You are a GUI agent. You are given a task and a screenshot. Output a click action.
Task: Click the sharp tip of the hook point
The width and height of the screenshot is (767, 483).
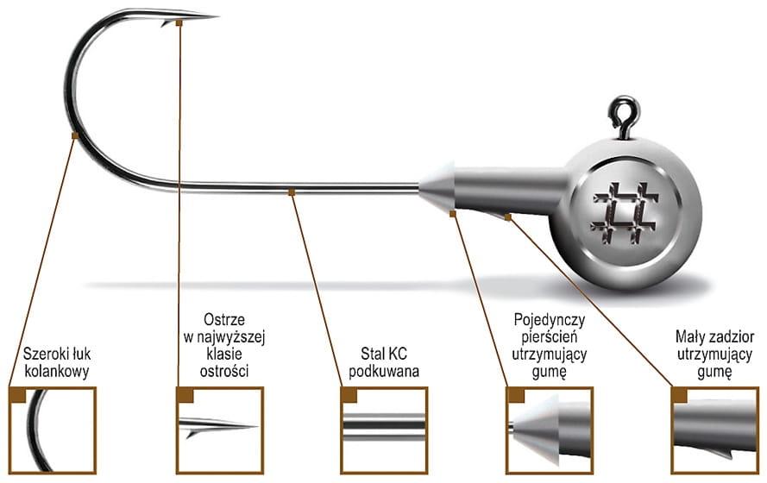click(215, 16)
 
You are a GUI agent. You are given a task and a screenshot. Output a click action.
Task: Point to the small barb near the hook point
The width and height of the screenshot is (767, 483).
click(165, 22)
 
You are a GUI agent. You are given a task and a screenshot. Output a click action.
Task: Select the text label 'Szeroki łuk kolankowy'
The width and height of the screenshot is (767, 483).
click(57, 364)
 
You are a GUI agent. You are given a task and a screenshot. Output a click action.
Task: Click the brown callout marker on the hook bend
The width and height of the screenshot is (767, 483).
click(76, 135)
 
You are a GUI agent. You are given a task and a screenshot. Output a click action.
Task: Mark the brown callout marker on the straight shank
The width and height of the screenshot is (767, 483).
click(292, 191)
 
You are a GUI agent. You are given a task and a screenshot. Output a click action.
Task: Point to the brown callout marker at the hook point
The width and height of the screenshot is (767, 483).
click(179, 22)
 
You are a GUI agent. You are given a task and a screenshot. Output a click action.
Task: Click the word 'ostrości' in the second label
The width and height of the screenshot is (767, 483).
click(223, 371)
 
